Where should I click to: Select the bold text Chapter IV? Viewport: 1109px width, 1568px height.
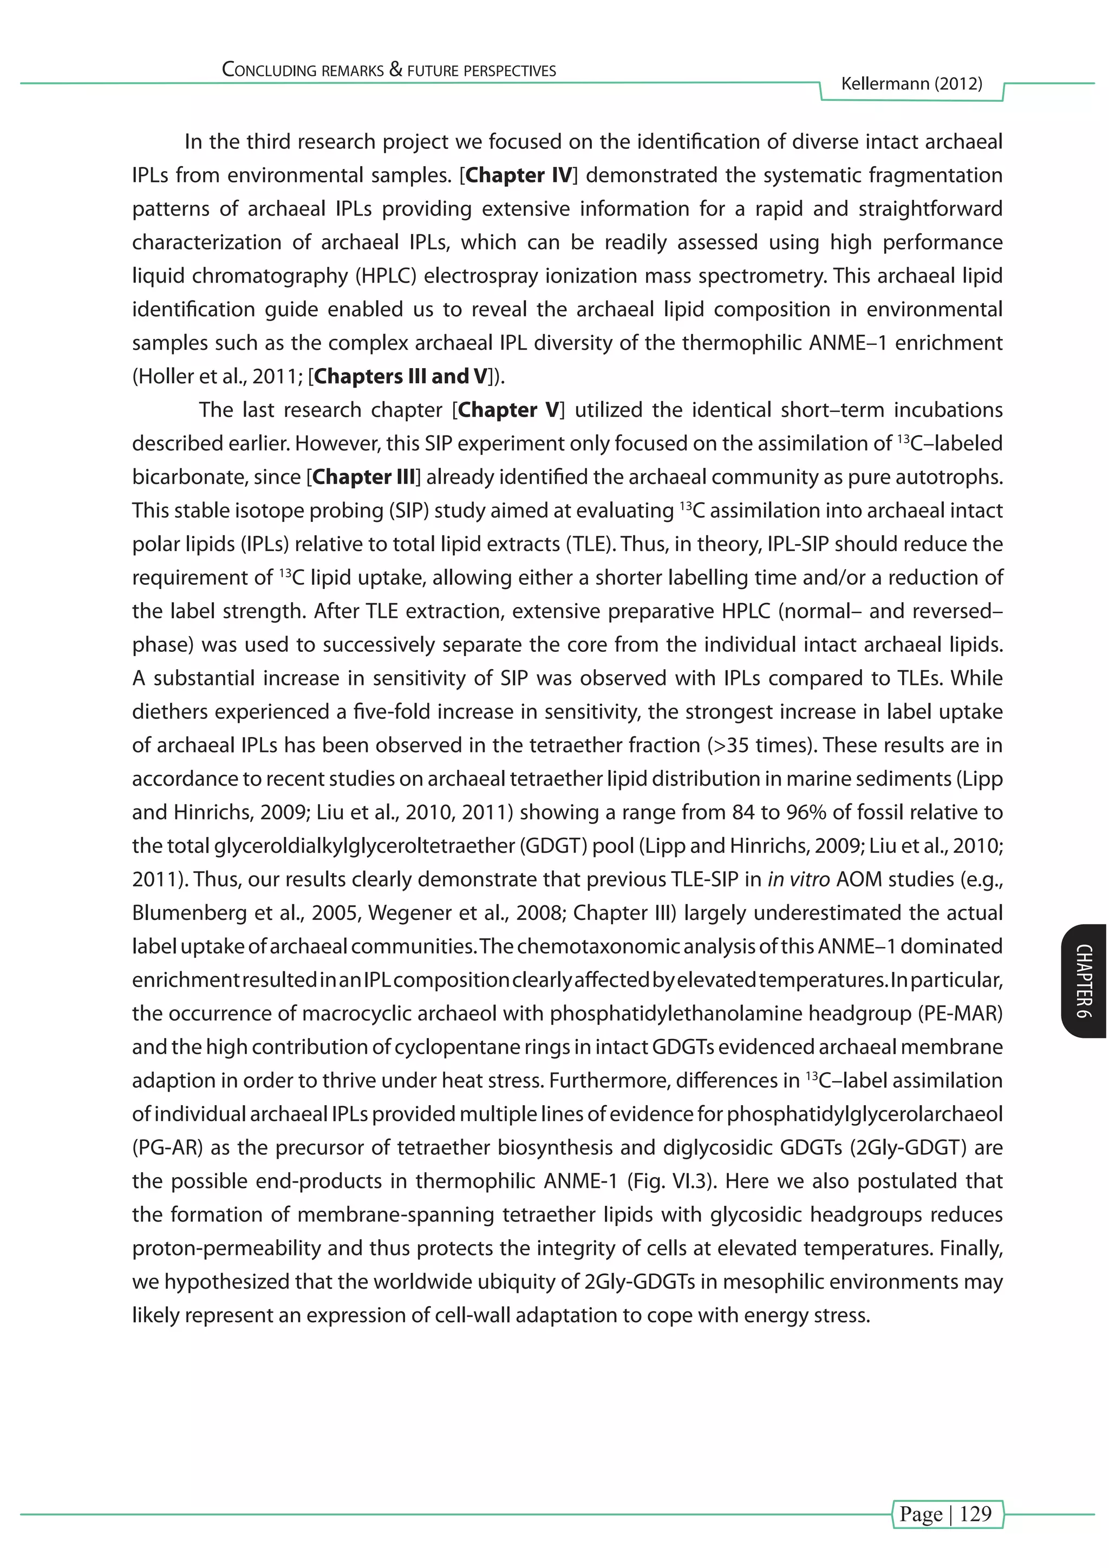(518, 175)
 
